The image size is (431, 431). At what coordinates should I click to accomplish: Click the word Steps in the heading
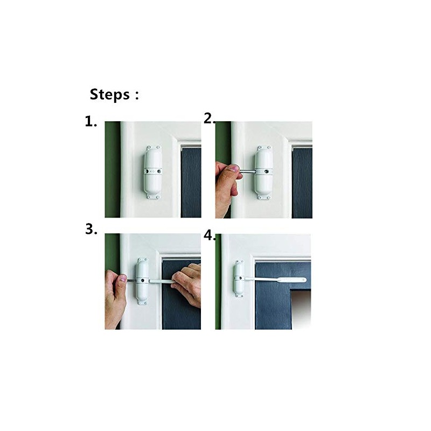109,95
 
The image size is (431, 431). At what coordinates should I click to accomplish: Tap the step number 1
89,122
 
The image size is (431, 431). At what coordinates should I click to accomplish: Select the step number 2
209,119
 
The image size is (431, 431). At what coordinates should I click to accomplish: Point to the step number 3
90,230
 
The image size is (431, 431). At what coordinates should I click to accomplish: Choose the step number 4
209,236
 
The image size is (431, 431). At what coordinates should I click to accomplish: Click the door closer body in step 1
153,172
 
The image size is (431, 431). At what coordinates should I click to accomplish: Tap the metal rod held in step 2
247,172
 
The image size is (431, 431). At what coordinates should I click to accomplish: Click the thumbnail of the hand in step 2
234,168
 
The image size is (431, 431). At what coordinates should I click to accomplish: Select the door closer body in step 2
264,172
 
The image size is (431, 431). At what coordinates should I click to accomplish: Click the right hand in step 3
187,285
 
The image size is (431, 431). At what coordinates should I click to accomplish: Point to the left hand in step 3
115,298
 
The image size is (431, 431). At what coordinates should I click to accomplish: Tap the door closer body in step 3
143,281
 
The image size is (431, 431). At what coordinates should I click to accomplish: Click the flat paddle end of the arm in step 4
291,280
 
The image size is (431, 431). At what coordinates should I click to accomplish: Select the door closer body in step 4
239,279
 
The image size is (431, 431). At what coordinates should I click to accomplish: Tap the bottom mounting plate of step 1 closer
153,196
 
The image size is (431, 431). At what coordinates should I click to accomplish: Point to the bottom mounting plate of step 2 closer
264,197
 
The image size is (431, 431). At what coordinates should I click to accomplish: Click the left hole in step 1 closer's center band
147,171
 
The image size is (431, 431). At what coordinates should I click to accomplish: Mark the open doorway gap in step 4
301,309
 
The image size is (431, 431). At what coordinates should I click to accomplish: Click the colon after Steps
137,95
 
